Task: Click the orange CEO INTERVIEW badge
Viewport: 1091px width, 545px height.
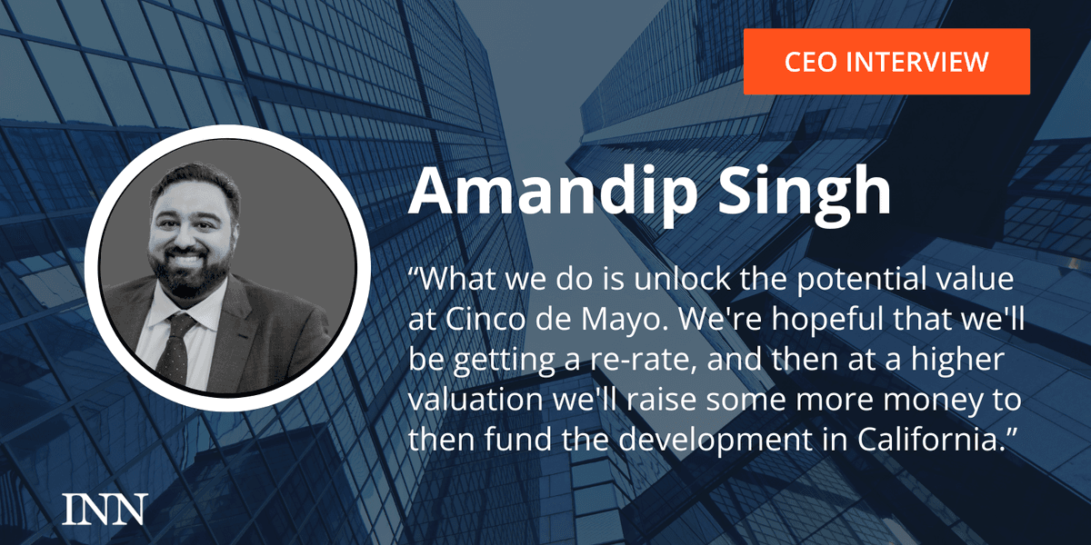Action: point(886,62)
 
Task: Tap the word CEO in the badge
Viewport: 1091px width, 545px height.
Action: point(810,62)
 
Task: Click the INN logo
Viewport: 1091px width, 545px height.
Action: point(105,509)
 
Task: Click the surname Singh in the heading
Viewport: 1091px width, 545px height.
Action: point(805,192)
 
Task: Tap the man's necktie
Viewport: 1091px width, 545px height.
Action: point(176,348)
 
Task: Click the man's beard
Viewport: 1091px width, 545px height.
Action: point(189,273)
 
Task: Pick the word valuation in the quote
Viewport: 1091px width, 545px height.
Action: point(475,399)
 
